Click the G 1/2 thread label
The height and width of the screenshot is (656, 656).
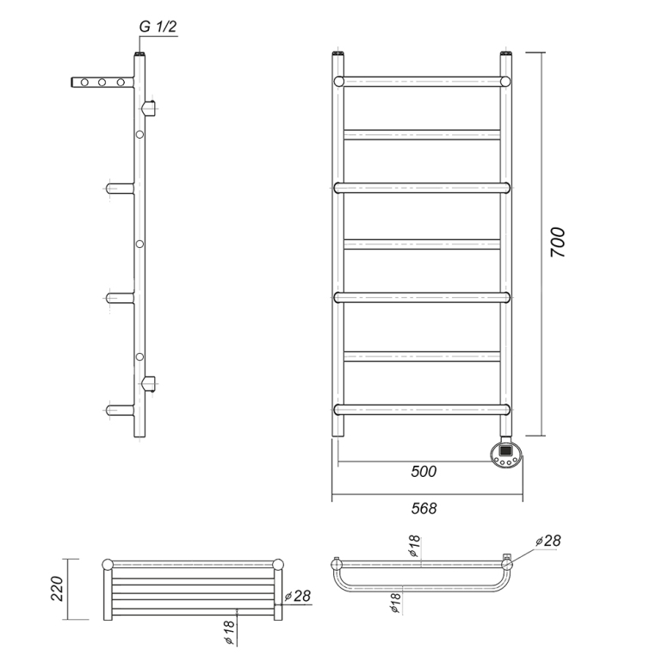[158, 27]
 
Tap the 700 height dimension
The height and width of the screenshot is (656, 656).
[557, 242]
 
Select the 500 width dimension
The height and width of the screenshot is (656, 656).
[424, 472]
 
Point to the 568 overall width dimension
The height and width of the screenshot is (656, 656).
[424, 508]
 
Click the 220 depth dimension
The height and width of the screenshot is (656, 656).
[57, 589]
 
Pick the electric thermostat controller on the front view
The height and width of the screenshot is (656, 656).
[506, 454]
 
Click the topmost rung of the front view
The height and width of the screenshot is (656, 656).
[422, 82]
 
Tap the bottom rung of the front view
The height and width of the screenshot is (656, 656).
[422, 410]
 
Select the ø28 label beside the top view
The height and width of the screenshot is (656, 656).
[548, 541]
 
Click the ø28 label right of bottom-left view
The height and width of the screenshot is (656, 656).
[298, 596]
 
